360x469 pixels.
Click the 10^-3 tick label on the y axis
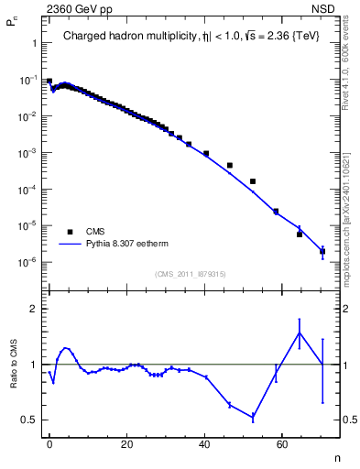tap(27, 153)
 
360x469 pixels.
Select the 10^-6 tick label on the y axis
tap(27, 262)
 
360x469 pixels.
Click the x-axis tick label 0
tap(49, 443)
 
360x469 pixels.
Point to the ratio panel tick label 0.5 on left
tap(28, 420)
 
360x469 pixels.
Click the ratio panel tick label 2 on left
tap(33, 309)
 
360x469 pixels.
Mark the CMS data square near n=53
tap(253, 181)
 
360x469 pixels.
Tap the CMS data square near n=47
tap(229, 165)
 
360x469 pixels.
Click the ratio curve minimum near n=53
tap(253, 417)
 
